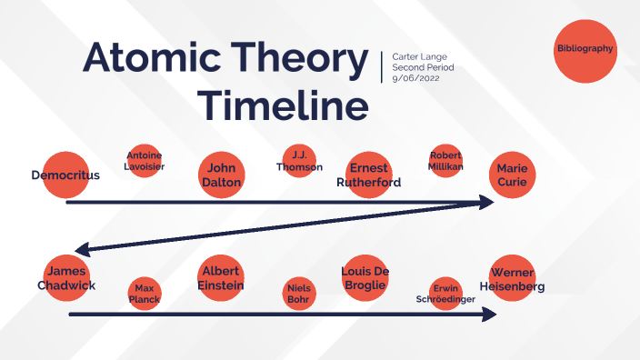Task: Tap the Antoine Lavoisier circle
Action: click(x=145, y=162)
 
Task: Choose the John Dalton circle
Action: click(x=222, y=175)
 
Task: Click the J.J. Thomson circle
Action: click(x=298, y=161)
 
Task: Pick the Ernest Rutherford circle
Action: click(x=369, y=175)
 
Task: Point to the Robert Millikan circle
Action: click(x=445, y=161)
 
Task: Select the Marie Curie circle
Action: click(x=511, y=175)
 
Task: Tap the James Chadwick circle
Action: click(x=66, y=276)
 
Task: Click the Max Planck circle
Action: click(x=144, y=293)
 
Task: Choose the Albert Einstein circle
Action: click(x=221, y=277)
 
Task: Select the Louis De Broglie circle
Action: click(x=365, y=277)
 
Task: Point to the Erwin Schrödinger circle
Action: click(x=445, y=293)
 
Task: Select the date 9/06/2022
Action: click(x=416, y=78)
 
